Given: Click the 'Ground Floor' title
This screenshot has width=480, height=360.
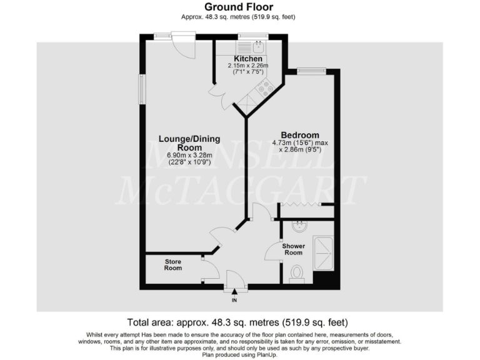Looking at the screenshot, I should point(240,7).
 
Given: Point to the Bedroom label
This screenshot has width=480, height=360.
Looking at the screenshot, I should point(300,135).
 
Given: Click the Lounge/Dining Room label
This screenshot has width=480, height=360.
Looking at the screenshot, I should point(189,143).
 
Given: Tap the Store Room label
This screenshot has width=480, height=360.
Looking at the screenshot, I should point(173,264).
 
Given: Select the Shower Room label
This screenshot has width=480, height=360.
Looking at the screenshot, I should point(293,249).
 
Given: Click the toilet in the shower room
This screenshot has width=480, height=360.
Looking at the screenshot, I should point(297,274).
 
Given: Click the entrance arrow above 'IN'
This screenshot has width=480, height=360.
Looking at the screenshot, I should point(235,291).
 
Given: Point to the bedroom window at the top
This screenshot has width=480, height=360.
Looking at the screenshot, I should point(311,70).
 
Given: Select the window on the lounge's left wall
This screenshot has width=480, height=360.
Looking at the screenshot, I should point(142,89).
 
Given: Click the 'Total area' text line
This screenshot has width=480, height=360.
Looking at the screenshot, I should point(237,323).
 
